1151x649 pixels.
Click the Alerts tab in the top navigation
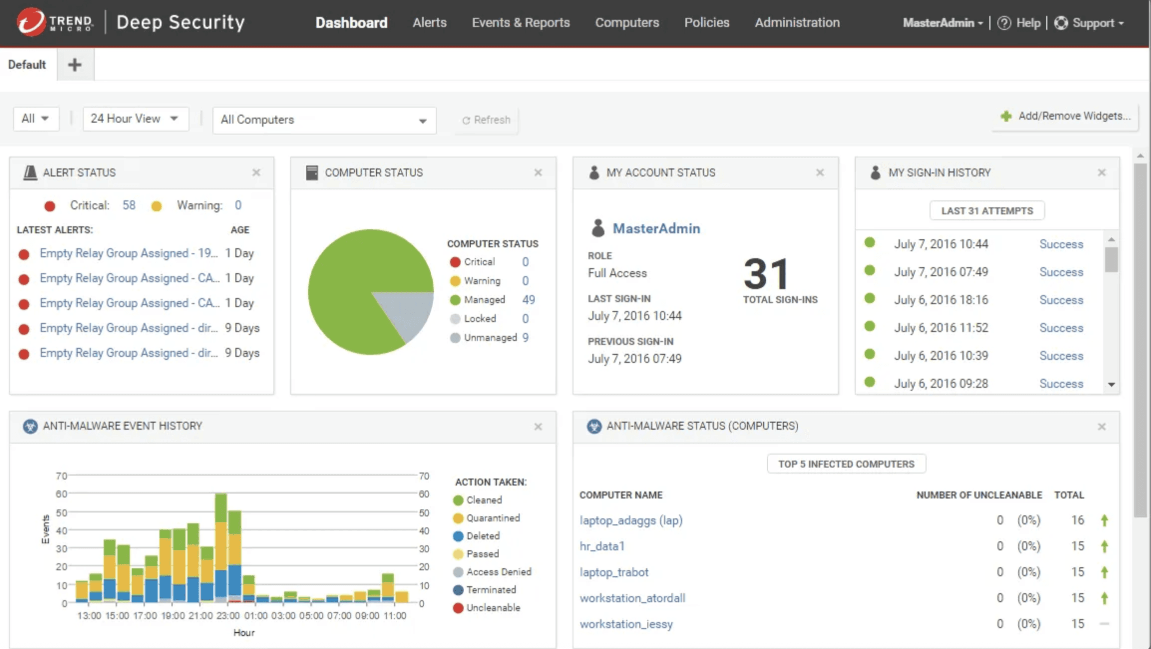tap(429, 22)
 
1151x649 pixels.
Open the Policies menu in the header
tap(706, 22)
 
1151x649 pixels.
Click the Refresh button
tap(486, 120)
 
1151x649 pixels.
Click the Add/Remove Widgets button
tap(1066, 116)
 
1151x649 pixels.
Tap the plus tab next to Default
tap(75, 64)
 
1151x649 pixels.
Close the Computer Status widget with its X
tap(538, 173)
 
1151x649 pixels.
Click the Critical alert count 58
tap(129, 205)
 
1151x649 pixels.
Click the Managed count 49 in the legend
tap(529, 300)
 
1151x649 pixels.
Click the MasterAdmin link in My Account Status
tap(656, 229)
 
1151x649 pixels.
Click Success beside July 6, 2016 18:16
tap(1061, 300)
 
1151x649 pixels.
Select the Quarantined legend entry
tap(492, 518)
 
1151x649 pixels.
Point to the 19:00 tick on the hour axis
tap(172, 616)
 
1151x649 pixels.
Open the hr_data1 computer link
tap(602, 546)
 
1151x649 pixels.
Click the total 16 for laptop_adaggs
tap(1077, 520)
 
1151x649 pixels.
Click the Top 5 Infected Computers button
tap(846, 464)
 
